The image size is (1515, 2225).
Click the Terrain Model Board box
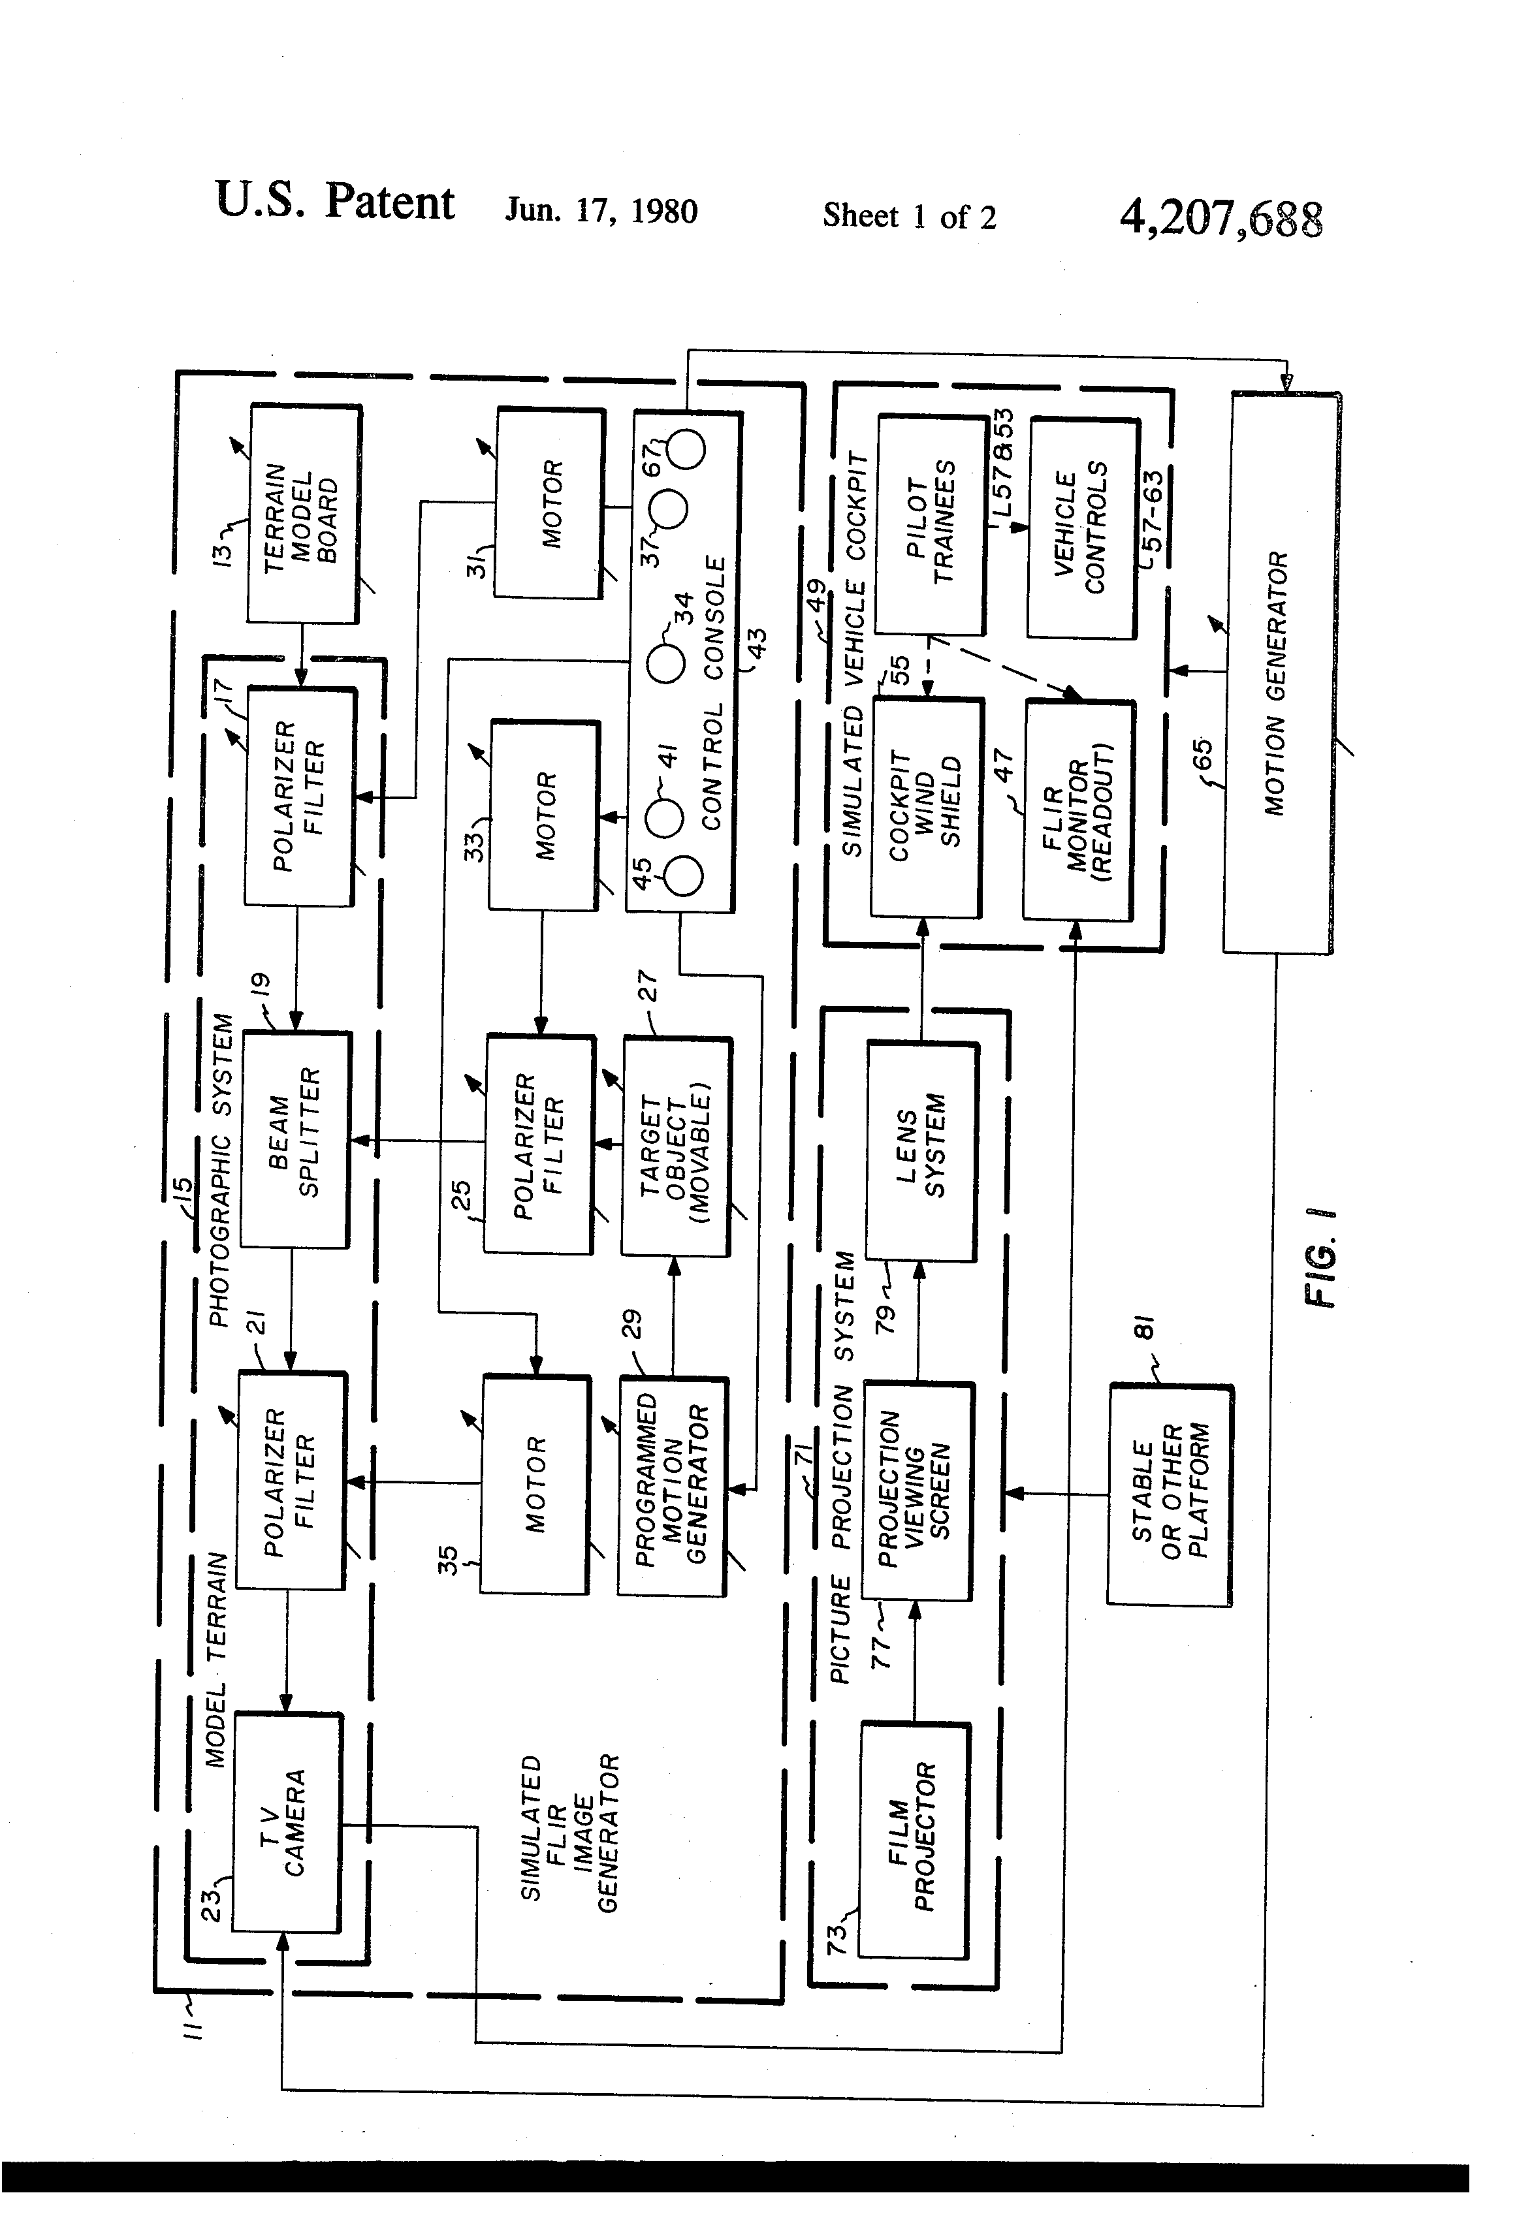(x=304, y=513)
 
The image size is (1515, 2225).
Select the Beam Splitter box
(x=295, y=1139)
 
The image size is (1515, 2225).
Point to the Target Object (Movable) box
(x=676, y=1146)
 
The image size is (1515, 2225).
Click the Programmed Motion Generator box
(x=671, y=1486)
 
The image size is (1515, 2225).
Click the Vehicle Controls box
(x=1082, y=528)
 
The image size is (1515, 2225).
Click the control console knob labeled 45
(x=684, y=875)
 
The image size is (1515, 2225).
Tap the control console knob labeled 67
(x=686, y=447)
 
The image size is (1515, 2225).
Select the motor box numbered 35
(x=534, y=1484)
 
